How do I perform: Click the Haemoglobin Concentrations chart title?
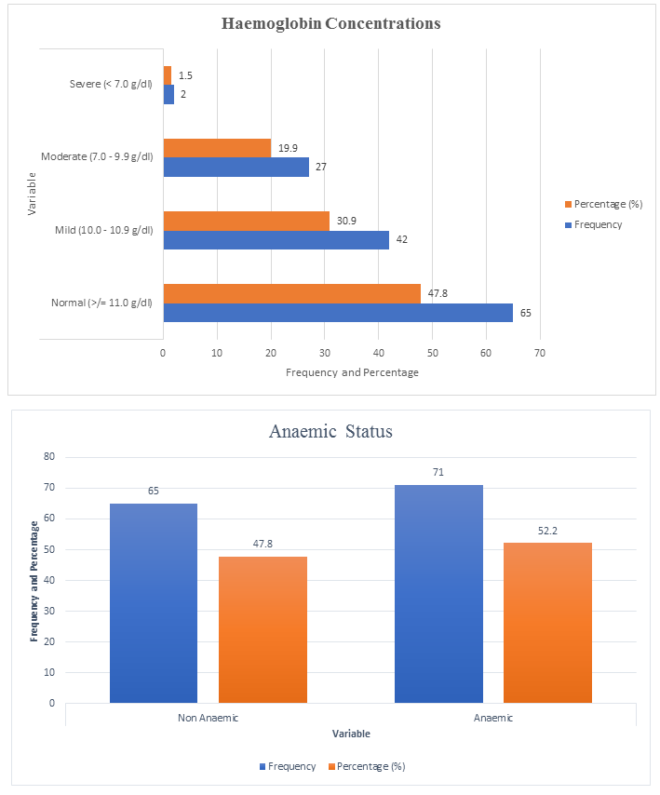click(330, 23)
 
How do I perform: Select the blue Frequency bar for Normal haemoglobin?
click(338, 313)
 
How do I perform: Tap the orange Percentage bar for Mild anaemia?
click(247, 221)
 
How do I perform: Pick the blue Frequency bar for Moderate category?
click(236, 167)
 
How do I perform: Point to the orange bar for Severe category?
click(168, 75)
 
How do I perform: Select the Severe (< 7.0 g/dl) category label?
click(111, 85)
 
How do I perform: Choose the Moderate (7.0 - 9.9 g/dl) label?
click(97, 156)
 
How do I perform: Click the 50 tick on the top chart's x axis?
click(432, 353)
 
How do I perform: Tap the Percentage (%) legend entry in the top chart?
click(608, 204)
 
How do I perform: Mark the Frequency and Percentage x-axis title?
click(352, 372)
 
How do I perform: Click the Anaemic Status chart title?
click(330, 432)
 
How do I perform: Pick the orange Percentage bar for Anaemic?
click(547, 623)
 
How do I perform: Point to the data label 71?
click(438, 473)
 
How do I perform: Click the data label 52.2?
click(547, 531)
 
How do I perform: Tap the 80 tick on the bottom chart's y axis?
click(48, 457)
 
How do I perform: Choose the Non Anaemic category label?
click(208, 719)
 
